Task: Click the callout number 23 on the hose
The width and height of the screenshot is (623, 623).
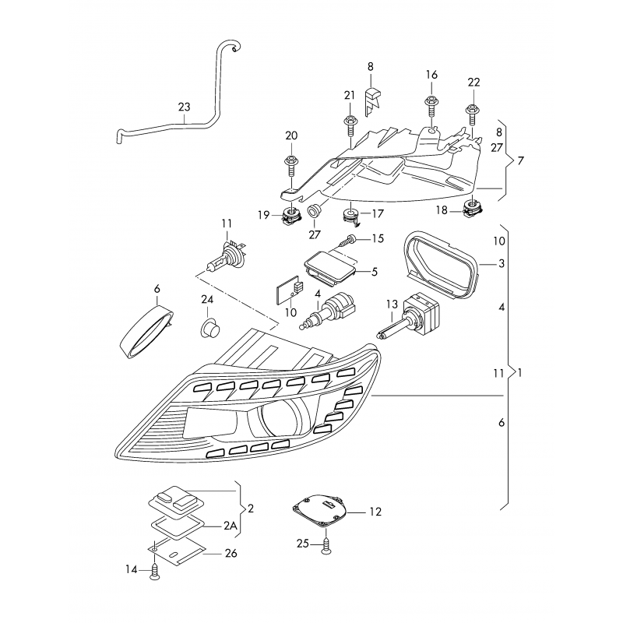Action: tap(184, 107)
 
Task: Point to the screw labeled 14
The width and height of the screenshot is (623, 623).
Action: tap(155, 570)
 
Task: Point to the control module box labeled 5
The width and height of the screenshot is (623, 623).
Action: tap(331, 266)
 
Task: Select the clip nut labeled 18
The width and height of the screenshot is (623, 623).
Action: tap(472, 208)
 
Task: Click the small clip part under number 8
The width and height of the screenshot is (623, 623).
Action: tap(373, 99)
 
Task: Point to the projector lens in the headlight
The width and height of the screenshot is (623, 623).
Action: tap(280, 421)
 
